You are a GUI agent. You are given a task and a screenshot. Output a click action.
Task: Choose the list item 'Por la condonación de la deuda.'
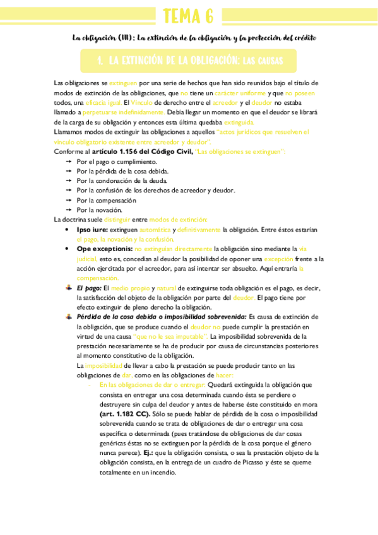tap(117, 180)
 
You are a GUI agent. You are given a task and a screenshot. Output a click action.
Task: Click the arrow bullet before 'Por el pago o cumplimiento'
tap(69, 162)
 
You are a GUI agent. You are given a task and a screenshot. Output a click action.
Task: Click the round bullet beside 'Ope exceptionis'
tap(69, 249)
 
